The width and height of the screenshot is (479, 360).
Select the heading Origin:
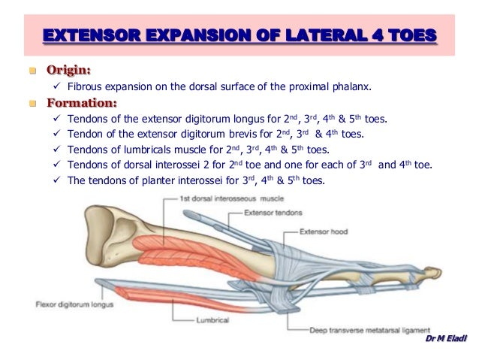pos(69,71)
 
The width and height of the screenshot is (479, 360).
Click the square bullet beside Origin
pos(32,71)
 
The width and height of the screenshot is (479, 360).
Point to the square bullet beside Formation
pos(32,103)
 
